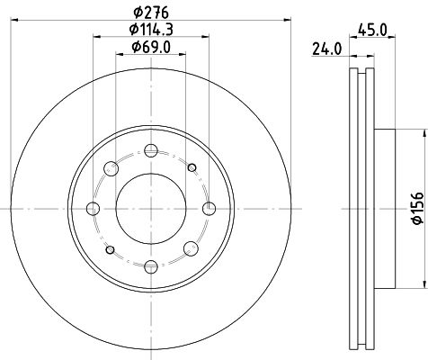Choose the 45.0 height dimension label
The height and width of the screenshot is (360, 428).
[370, 30]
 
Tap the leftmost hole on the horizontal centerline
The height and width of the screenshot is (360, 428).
[93, 208]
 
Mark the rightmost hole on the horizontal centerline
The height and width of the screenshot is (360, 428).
[209, 208]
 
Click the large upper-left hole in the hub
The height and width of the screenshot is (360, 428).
[111, 167]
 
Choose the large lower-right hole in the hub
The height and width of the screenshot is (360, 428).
[192, 248]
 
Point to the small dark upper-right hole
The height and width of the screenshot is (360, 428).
[192, 167]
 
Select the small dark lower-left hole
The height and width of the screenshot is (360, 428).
[111, 248]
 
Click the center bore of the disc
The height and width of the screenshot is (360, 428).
[151, 208]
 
